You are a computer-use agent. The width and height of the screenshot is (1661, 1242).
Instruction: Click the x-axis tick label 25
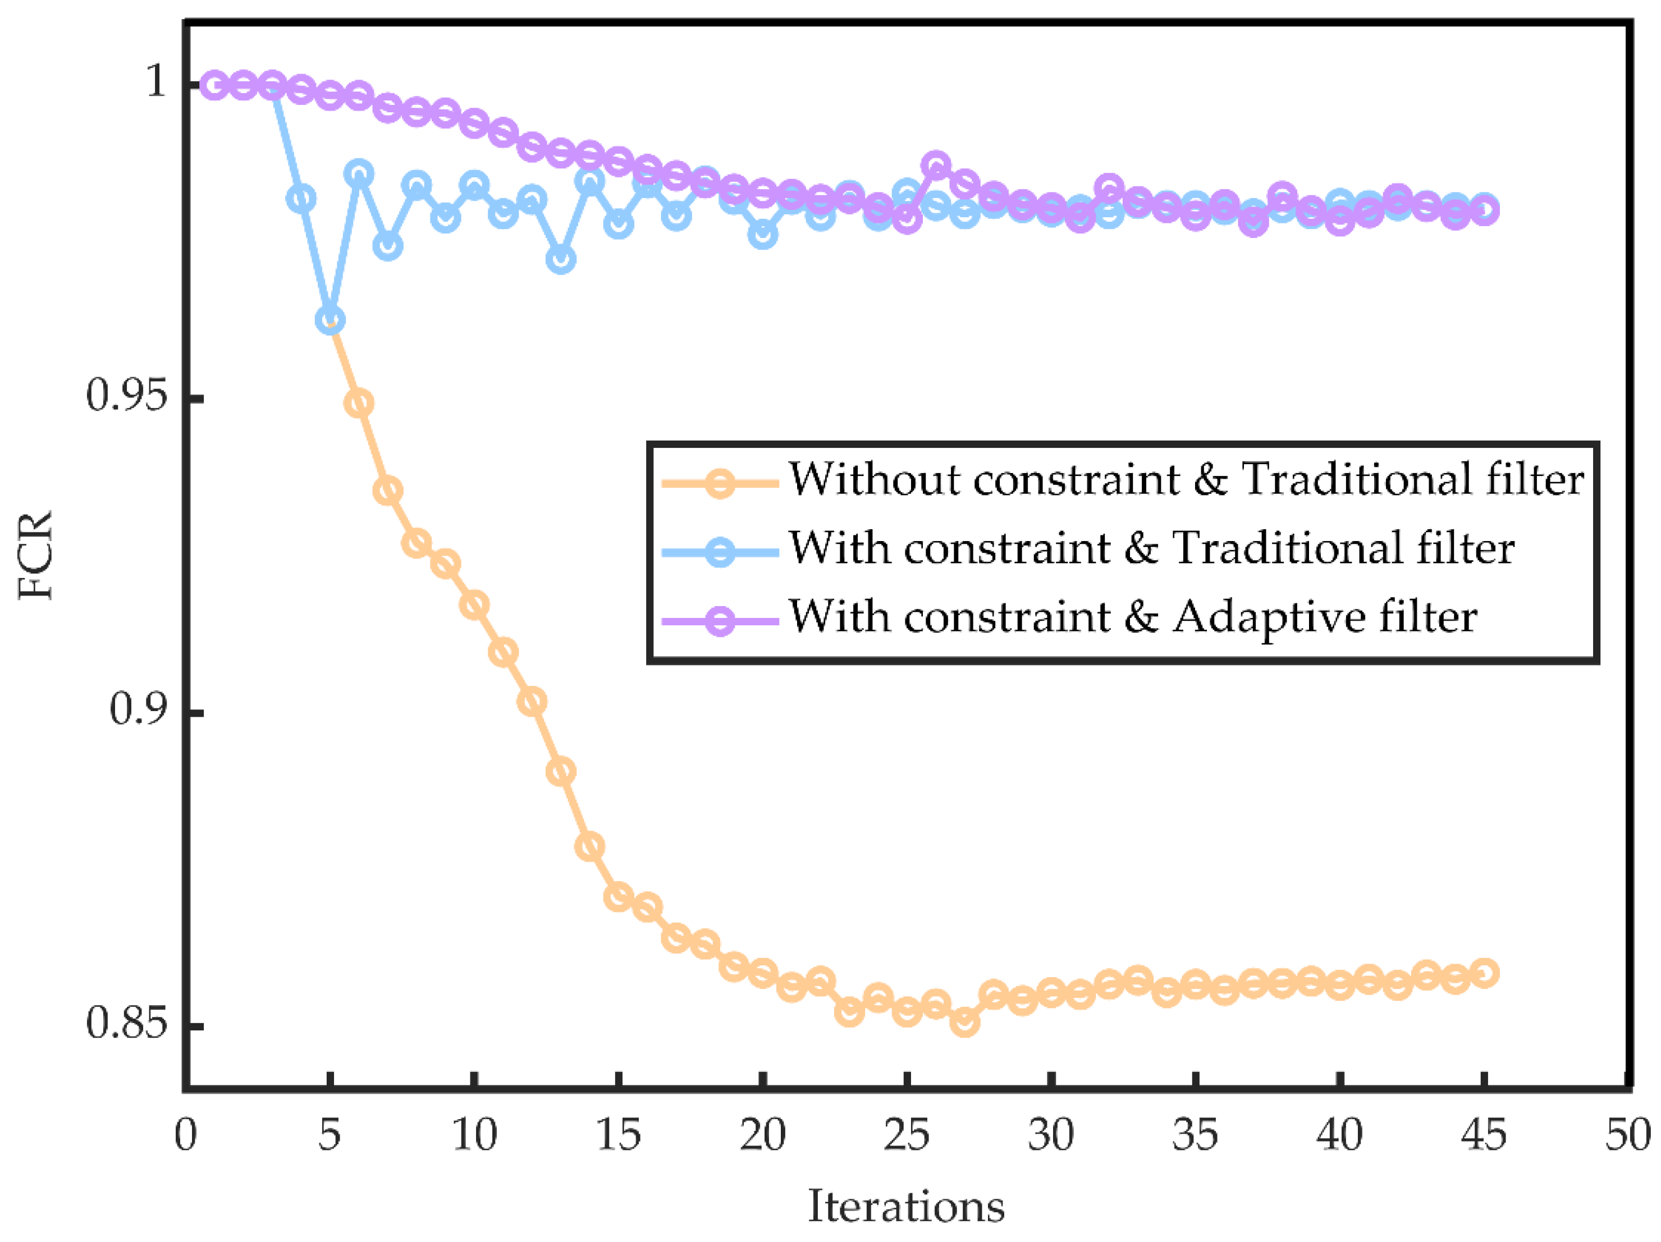click(x=907, y=1135)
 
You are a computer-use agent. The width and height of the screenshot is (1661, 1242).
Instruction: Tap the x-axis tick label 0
click(x=185, y=1135)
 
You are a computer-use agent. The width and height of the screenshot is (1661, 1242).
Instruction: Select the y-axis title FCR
click(x=36, y=555)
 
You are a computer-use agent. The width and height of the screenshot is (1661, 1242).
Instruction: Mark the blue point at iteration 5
click(x=330, y=320)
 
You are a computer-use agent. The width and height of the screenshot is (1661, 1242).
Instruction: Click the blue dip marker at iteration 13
click(x=561, y=259)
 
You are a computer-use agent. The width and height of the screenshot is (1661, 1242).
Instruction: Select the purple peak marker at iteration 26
click(x=936, y=165)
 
